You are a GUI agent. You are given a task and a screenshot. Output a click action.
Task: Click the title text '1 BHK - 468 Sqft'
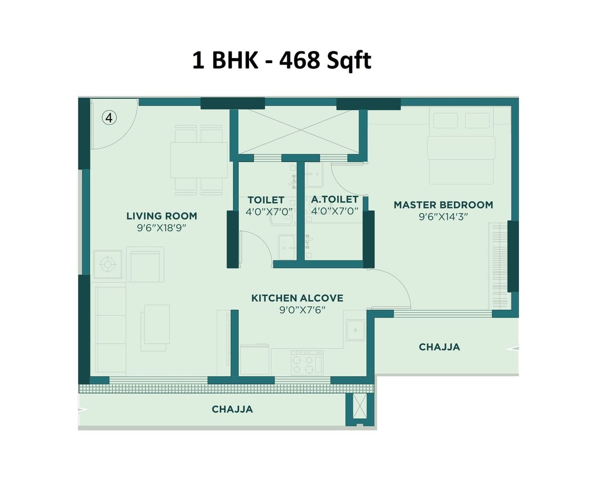[x=281, y=61]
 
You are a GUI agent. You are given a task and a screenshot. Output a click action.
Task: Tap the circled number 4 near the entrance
[x=109, y=117]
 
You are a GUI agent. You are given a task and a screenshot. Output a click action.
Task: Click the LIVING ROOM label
[x=162, y=216]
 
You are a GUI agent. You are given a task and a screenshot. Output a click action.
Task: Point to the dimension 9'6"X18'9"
[x=162, y=228]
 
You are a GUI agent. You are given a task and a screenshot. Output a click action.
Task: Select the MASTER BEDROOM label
[x=443, y=205]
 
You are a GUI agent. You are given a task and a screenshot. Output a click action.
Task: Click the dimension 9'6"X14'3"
[x=443, y=216]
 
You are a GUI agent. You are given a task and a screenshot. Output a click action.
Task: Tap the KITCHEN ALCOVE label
[x=297, y=298]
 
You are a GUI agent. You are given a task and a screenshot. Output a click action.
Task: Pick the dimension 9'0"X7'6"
[x=302, y=310]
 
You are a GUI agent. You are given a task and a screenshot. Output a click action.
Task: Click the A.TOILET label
[x=335, y=200]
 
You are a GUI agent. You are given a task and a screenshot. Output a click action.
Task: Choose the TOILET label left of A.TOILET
[x=266, y=200]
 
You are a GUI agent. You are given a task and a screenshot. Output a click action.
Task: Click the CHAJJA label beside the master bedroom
[x=439, y=347]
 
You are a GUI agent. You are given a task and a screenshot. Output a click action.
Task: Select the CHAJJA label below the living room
[x=232, y=410]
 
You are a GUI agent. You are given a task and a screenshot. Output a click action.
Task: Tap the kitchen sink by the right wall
[x=355, y=330]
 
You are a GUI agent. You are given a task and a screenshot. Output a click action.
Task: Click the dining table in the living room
[x=199, y=160]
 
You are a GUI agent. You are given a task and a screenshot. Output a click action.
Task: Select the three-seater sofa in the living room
[x=111, y=330]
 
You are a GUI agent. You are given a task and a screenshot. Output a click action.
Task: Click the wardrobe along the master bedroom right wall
[x=498, y=264]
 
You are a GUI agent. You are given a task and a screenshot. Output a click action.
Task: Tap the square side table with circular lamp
[x=107, y=265]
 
